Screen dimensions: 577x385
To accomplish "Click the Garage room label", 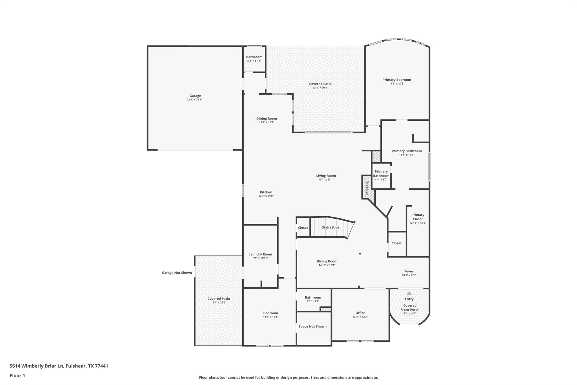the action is [195, 96].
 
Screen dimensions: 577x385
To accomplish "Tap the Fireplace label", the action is [367, 188].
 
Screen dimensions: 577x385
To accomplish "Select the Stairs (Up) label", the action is [330, 227].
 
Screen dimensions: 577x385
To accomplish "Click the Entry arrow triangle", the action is [409, 293].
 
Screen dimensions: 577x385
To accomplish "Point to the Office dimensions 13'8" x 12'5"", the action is [360, 317].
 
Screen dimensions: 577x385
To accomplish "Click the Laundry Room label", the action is [260, 254].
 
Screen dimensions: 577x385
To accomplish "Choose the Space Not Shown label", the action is [312, 326].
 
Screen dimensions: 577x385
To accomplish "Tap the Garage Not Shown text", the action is [177, 273].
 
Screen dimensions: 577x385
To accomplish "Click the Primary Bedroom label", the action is [397, 80].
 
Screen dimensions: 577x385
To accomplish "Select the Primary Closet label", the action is [418, 217].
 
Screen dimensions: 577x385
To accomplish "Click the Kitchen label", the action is [266, 192].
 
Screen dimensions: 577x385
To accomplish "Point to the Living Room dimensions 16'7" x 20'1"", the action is [326, 179].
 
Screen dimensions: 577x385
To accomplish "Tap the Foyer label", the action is [409, 271].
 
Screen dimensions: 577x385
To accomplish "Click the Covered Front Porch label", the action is [410, 307].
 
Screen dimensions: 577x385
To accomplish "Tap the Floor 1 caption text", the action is [17, 375].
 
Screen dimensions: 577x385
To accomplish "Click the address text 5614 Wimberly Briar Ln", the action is [37, 366].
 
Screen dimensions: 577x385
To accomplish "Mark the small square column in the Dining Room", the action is [360, 254].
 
